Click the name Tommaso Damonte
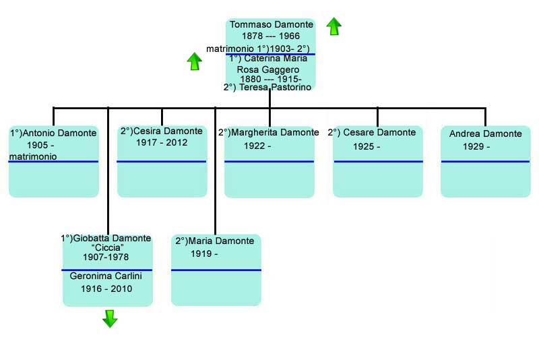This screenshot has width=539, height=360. [x=272, y=25]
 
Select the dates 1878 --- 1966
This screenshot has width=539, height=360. [x=271, y=36]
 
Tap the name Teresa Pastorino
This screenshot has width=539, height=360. [x=275, y=88]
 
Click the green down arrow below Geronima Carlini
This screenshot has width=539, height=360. [x=110, y=318]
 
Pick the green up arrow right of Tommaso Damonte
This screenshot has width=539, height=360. [x=334, y=26]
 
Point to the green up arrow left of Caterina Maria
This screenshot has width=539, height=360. [x=195, y=61]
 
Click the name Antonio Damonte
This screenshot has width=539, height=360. [x=59, y=133]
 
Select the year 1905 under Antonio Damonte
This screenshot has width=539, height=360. [x=38, y=145]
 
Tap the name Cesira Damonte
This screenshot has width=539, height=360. [x=168, y=131]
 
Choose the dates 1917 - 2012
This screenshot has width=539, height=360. [x=162, y=142]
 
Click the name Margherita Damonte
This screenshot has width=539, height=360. [x=275, y=132]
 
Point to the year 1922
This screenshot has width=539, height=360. [x=254, y=146]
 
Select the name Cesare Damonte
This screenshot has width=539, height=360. [x=379, y=132]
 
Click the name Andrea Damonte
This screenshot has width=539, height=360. [x=485, y=133]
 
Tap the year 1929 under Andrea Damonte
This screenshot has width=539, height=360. [x=473, y=146]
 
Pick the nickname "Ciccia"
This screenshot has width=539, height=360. [x=108, y=247]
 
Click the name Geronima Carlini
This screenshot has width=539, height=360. [x=106, y=276]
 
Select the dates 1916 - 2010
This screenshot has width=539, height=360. [x=106, y=289]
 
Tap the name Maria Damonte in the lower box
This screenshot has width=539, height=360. [x=221, y=241]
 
